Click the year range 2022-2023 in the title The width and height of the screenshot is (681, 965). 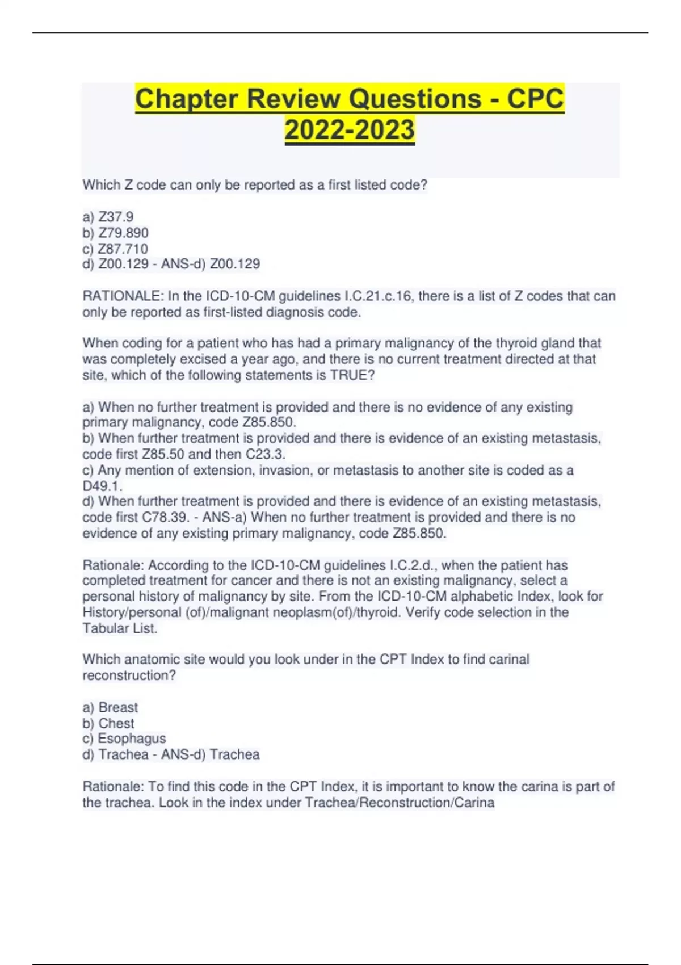coord(350,129)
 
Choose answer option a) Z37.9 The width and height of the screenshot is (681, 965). coord(108,217)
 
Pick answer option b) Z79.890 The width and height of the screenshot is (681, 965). coord(115,233)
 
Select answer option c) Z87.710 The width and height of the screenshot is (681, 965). coord(115,249)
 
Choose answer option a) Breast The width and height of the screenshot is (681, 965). coord(110,707)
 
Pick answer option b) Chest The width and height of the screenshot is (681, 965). coord(108,723)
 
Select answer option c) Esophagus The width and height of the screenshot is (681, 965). coord(124,739)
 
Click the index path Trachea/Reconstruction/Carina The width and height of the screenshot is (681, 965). coord(400,803)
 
